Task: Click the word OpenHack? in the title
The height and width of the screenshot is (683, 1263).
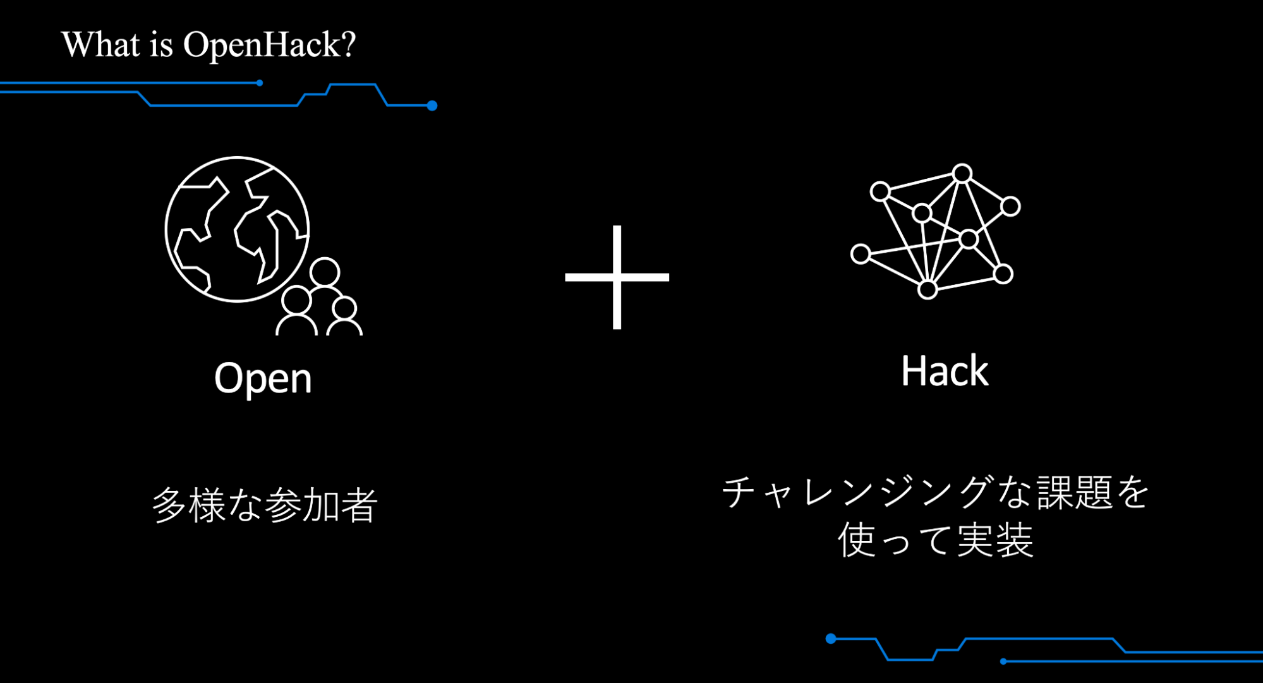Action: coord(269,45)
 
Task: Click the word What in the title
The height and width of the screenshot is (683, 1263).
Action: coord(100,44)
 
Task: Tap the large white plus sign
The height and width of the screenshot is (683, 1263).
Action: coord(617,277)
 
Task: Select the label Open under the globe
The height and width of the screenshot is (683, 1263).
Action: coord(263,378)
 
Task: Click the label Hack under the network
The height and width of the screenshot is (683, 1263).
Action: coord(944,371)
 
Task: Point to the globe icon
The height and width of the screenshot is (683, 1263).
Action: coord(237,229)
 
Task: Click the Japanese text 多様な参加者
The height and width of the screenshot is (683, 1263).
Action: coord(264,505)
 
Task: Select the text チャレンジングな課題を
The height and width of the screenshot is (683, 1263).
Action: coord(935,492)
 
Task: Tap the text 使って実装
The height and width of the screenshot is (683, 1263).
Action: coord(935,540)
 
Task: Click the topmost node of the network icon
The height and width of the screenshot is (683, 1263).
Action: coord(962,173)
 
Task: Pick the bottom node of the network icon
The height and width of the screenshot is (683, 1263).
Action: coord(927,290)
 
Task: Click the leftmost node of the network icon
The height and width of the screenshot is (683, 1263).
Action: coord(860,254)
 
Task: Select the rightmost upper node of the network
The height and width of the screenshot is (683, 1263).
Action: coord(1010,206)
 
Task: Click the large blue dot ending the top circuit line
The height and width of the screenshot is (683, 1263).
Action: coord(432,106)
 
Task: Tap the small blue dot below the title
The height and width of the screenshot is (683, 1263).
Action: coord(260,83)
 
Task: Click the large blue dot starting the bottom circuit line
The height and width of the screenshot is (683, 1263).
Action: coord(831,639)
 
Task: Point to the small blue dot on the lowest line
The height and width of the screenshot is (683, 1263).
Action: coord(1003,662)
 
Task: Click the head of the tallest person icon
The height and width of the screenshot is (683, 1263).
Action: coord(325,272)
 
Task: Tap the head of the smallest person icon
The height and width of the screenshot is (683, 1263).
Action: coord(344,308)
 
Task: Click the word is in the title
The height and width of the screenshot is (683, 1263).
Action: coord(161,45)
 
